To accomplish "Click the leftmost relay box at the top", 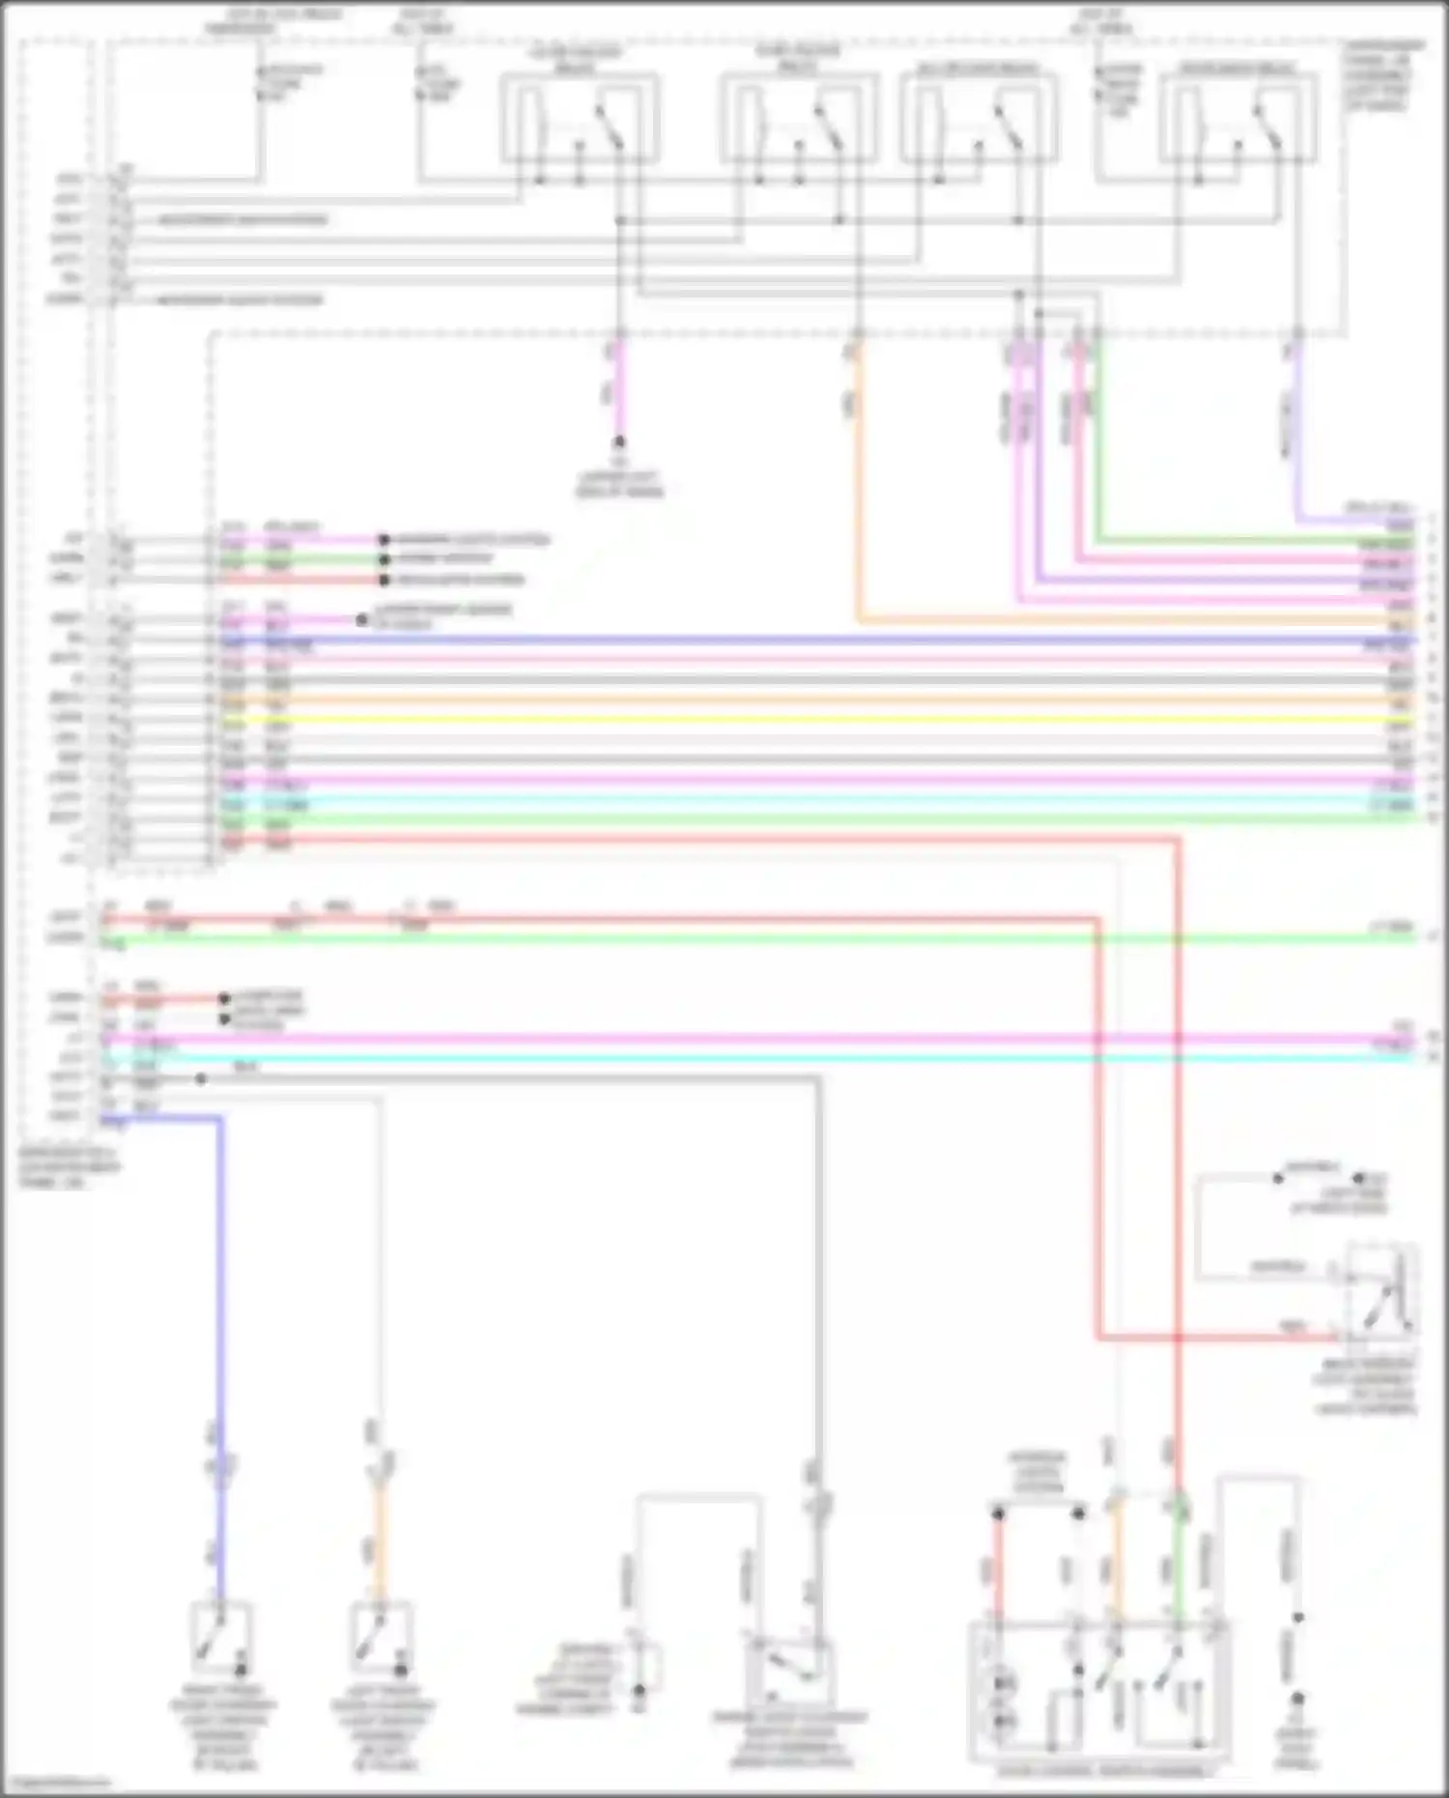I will [580, 118].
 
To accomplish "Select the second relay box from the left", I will [799, 118].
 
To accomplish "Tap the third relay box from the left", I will [979, 118].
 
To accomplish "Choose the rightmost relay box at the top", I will [1238, 118].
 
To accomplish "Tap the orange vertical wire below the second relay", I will [857, 483].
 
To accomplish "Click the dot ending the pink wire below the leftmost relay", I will [619, 442].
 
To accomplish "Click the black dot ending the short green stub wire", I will [384, 559].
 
